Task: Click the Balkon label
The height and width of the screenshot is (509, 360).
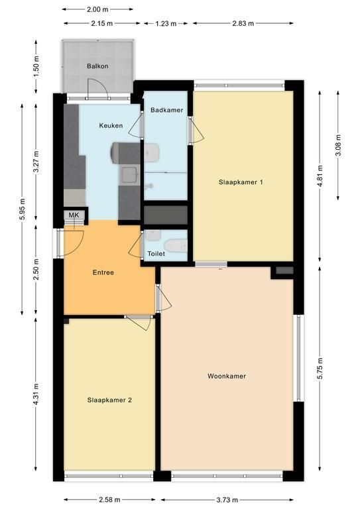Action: [97, 66]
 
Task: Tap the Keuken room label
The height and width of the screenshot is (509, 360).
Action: [111, 126]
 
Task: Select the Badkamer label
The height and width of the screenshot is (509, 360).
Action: [167, 110]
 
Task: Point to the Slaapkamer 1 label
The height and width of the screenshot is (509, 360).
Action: [241, 182]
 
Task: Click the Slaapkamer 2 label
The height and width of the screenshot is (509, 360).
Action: [109, 400]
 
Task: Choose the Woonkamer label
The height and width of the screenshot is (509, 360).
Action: [227, 376]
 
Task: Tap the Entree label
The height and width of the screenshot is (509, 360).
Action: [103, 272]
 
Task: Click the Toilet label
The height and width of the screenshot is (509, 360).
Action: [156, 254]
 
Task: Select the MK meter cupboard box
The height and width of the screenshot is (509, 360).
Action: [74, 215]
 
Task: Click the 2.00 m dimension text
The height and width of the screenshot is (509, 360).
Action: [97, 9]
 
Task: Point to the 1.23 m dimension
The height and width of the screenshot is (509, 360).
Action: [166, 23]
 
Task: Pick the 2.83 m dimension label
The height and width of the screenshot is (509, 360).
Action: [243, 23]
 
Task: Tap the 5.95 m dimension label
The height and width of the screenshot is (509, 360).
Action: [22, 209]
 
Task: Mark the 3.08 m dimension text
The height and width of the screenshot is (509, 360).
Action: [338, 145]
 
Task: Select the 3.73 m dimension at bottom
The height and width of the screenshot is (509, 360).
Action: [227, 500]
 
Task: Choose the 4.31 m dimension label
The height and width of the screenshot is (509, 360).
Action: [36, 394]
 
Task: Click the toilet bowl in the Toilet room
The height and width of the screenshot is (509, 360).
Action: [176, 245]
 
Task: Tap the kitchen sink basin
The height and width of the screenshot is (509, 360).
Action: [129, 176]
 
